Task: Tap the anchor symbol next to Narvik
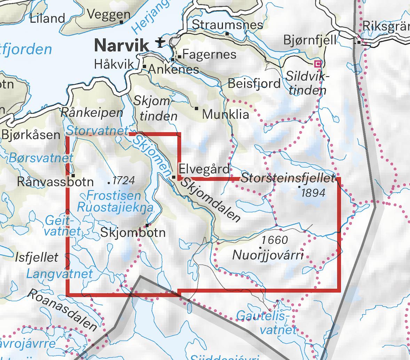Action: [159, 42]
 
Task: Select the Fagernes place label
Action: [209, 54]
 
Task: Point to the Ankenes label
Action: [173, 69]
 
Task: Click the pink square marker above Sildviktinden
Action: [317, 63]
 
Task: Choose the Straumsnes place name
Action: [227, 25]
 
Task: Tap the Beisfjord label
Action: [254, 84]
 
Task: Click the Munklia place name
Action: [226, 114]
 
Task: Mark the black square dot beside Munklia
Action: [196, 109]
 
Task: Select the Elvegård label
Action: [204, 169]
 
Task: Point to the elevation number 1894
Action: [313, 193]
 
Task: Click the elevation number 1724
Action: [124, 180]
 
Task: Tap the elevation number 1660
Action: [275, 240]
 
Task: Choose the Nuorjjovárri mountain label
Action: [268, 256]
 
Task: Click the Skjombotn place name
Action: [133, 233]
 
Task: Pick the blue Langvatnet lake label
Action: [60, 274]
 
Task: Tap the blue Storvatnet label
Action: [97, 131]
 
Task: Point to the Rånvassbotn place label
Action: [55, 182]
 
